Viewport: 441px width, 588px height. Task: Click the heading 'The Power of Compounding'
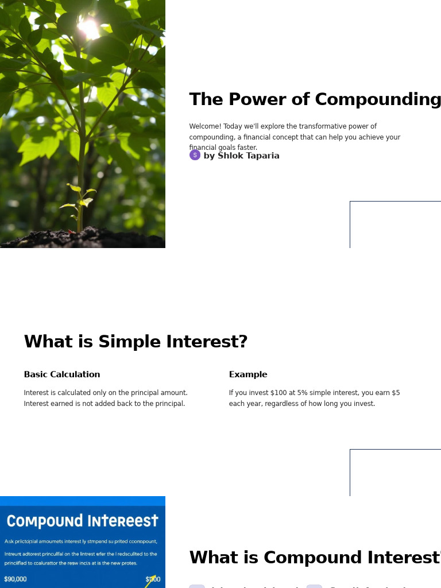pyautogui.click(x=315, y=99)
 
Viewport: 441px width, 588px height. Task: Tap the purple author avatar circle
pyautogui.click(x=195, y=155)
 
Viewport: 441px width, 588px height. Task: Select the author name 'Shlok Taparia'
pyautogui.click(x=248, y=156)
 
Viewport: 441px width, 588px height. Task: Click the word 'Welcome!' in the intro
pyautogui.click(x=205, y=126)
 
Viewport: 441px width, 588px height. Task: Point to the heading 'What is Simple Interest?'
pyautogui.click(x=136, y=342)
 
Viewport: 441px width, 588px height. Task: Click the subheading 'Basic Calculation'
pyautogui.click(x=62, y=374)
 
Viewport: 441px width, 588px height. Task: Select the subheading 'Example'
pyautogui.click(x=248, y=374)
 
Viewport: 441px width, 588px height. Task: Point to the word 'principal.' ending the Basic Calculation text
pyautogui.click(x=170, y=404)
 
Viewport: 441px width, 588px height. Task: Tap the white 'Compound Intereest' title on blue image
pyautogui.click(x=82, y=521)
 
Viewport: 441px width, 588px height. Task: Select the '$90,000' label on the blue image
pyautogui.click(x=16, y=579)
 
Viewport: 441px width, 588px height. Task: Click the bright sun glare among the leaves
pyautogui.click(x=89, y=25)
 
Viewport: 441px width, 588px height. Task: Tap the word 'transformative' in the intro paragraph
pyautogui.click(x=318, y=126)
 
